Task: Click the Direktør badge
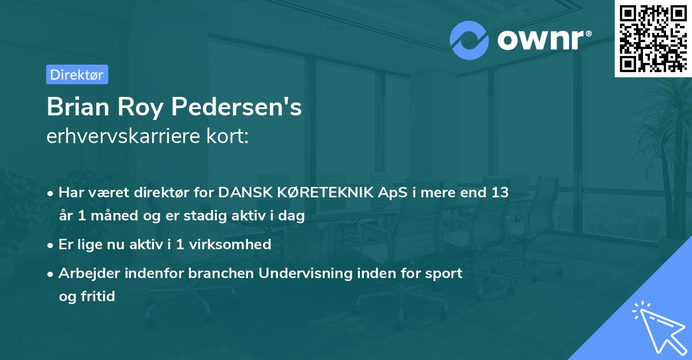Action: tap(77, 75)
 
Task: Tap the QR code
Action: tap(653, 39)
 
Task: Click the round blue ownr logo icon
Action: tap(469, 40)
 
